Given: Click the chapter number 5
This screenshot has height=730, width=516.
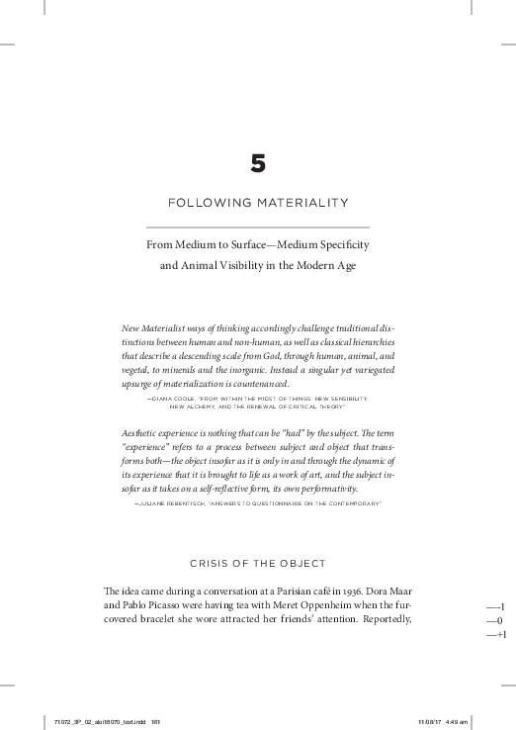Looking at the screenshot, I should pyautogui.click(x=258, y=164).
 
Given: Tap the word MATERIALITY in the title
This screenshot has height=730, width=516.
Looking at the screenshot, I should pyautogui.click(x=301, y=203).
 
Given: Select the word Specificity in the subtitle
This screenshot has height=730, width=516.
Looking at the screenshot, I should pyautogui.click(x=340, y=242).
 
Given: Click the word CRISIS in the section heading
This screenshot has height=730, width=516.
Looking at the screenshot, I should pyautogui.click(x=212, y=564).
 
